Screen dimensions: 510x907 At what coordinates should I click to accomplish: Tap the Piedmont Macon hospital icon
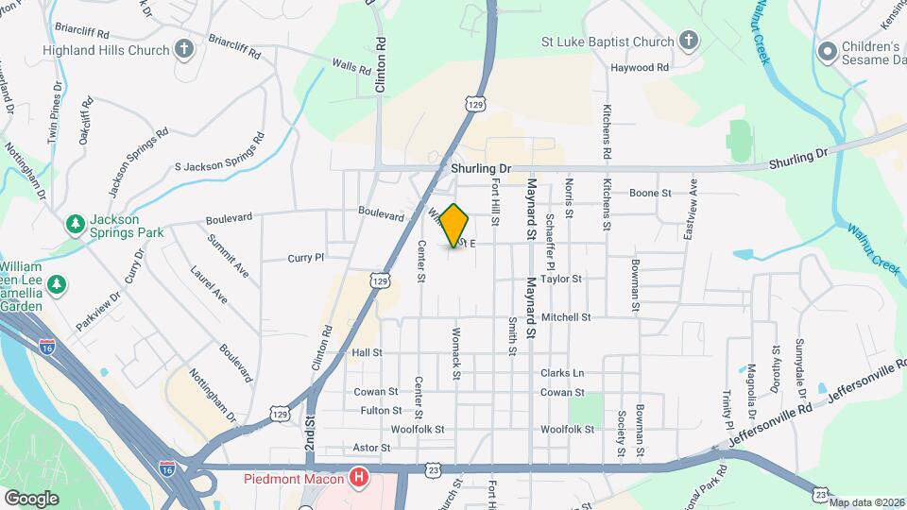click(358, 478)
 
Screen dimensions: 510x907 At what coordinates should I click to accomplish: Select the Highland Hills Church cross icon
click(183, 49)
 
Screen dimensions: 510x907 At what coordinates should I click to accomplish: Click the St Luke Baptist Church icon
click(689, 42)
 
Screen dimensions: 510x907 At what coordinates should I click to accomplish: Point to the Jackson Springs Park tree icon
click(75, 224)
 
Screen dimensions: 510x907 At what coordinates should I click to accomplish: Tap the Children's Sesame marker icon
click(829, 50)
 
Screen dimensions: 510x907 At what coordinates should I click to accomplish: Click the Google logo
click(31, 498)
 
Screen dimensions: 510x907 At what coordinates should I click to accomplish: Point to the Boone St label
click(650, 194)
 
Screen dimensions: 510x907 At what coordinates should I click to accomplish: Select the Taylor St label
click(560, 279)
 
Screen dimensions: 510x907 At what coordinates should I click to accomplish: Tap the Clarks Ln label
click(562, 373)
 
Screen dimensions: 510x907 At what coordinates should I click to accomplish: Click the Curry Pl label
click(306, 257)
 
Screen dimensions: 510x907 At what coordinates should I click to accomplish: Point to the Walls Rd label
click(350, 67)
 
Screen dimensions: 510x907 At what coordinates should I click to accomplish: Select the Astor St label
click(371, 448)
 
